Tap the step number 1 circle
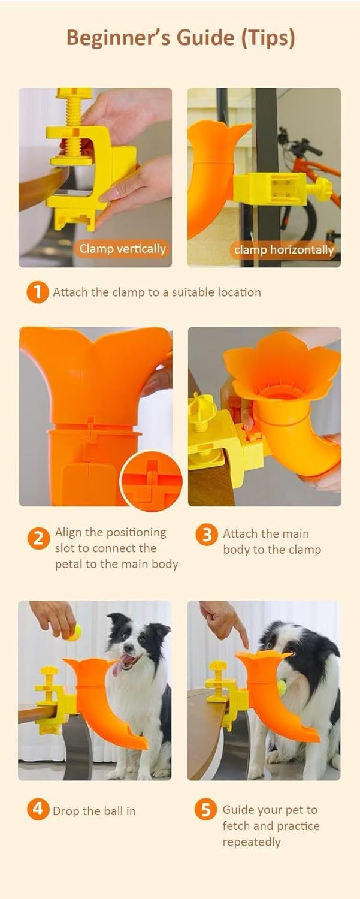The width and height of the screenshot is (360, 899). pyautogui.click(x=37, y=292)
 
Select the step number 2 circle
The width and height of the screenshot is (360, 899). pyautogui.click(x=37, y=539)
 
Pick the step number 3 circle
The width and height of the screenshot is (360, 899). pyautogui.click(x=206, y=535)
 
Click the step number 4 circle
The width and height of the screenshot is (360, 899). pyautogui.click(x=37, y=810)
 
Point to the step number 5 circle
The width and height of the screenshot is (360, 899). pyautogui.click(x=206, y=810)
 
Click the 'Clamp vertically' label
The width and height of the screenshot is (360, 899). pyautogui.click(x=122, y=249)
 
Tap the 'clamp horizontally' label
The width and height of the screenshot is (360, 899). pyautogui.click(x=284, y=250)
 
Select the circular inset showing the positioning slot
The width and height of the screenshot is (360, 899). pyautogui.click(x=152, y=481)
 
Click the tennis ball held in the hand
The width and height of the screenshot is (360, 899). pyautogui.click(x=74, y=632)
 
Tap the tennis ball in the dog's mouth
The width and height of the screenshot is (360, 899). pyautogui.click(x=282, y=687)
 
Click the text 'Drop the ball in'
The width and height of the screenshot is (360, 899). pyautogui.click(x=94, y=811)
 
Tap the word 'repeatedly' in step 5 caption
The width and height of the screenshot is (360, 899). pyautogui.click(x=252, y=842)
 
